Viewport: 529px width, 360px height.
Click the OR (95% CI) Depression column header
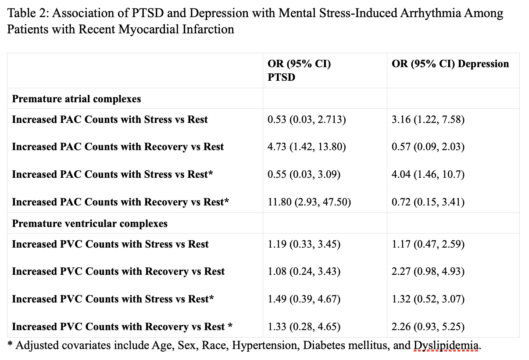tap(450, 64)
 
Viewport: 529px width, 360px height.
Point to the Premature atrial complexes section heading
tap(76, 99)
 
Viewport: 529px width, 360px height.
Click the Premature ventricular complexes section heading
tap(89, 223)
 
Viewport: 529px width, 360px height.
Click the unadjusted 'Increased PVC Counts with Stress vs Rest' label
tap(110, 244)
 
